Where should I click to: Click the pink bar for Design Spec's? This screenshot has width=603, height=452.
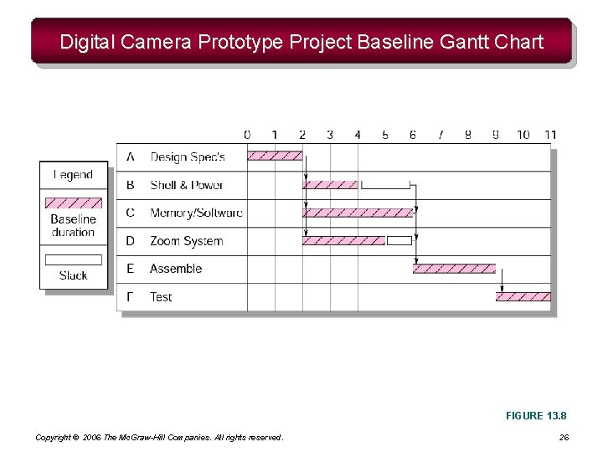tap(275, 155)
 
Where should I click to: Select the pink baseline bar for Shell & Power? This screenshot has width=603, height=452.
tap(330, 184)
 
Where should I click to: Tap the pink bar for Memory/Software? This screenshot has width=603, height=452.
tap(358, 213)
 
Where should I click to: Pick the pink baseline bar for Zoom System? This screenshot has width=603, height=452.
tap(343, 240)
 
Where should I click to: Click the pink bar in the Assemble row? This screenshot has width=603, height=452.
tap(454, 269)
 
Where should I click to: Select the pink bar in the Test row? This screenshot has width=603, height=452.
tap(524, 296)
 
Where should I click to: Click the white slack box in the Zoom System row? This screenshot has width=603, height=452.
tap(399, 240)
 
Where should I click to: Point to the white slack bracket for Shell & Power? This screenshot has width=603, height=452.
tap(385, 184)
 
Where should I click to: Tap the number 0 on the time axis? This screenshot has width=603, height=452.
tap(247, 135)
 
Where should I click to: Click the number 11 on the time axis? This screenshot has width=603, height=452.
tap(550, 135)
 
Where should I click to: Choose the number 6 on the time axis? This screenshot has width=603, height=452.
tap(413, 135)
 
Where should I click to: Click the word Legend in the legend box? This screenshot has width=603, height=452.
tap(73, 175)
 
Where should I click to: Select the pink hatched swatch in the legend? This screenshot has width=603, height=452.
tap(73, 203)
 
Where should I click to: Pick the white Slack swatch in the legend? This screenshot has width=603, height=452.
tap(73, 259)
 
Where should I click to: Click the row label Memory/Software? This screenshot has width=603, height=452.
tap(196, 213)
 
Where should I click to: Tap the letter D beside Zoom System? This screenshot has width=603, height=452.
tap(130, 241)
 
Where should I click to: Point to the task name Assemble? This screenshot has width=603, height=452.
tap(176, 269)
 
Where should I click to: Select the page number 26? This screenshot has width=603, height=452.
tap(563, 438)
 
